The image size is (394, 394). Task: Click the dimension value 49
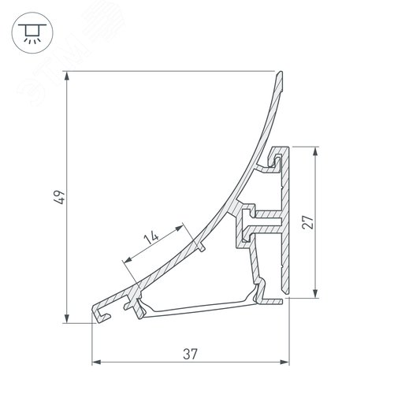[59, 197]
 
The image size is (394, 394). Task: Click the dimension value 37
[190, 354]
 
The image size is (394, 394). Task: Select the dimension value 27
[308, 222]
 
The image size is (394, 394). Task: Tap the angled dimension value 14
[151, 237]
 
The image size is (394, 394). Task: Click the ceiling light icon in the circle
[32, 33]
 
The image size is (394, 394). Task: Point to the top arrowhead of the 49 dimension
[67, 76]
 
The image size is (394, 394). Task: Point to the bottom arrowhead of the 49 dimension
[67, 318]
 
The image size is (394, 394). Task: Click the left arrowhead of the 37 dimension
[96, 362]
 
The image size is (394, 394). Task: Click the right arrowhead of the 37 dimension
[284, 362]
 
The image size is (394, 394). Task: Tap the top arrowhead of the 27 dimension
[315, 151]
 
